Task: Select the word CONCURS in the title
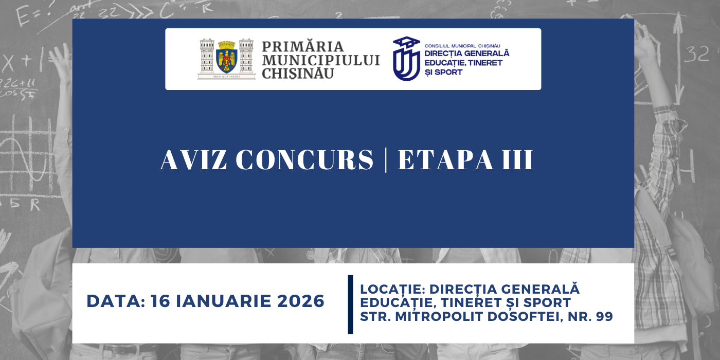[304, 160]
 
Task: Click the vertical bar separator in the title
[386, 160]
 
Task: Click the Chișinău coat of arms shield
[226, 59]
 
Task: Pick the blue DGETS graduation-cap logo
[406, 59]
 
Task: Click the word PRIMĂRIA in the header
[302, 47]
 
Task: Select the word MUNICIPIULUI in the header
[321, 60]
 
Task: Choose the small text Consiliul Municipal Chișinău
[462, 46]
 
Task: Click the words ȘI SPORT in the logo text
[443, 72]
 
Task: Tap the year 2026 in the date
[301, 301]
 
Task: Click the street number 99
[604, 317]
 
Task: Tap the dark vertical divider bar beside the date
[350, 304]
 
